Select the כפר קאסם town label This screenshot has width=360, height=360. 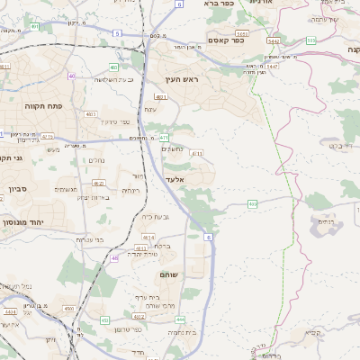tap(229, 40)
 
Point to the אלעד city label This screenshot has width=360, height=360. tap(175, 179)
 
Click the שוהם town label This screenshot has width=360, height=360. tap(168, 274)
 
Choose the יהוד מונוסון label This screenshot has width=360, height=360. tap(22, 220)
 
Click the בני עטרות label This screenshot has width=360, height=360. tap(90, 239)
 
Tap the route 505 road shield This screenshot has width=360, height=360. tap(310, 40)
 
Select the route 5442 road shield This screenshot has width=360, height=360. tap(273, 41)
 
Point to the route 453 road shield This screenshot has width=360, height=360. tap(105, 319)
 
